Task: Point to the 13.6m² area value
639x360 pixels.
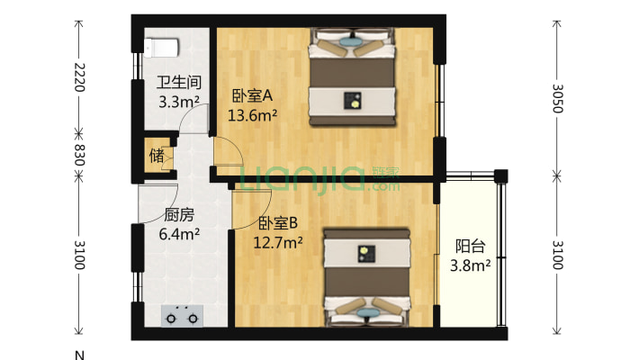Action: tap(253, 114)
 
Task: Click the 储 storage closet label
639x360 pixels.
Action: tap(157, 156)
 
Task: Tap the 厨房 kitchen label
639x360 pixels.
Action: tap(178, 216)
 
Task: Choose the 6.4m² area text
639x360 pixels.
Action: tap(178, 235)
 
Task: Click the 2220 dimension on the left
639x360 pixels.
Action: tap(78, 78)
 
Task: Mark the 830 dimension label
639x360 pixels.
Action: tap(78, 155)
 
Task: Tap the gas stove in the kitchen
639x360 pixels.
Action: tap(182, 317)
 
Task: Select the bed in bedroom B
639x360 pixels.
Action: tap(365, 277)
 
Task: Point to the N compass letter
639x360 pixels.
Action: tap(79, 354)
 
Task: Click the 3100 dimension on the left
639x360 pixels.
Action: tap(78, 256)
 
